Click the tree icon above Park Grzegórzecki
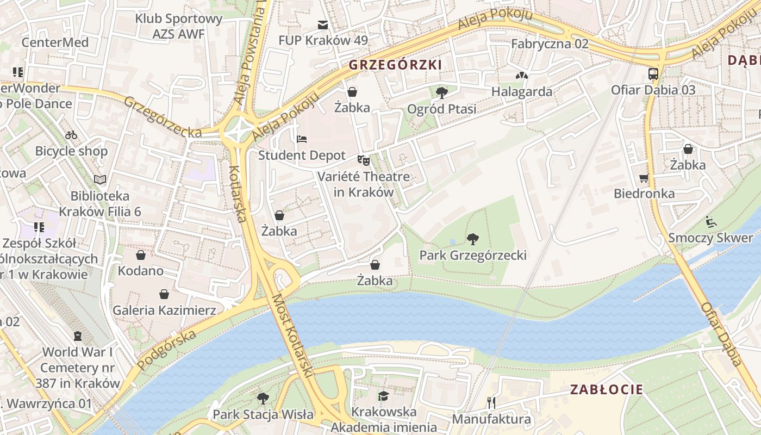[x=473, y=238]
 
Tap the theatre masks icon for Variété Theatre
[x=363, y=160]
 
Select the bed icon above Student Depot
[x=302, y=139]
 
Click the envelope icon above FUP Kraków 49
[x=323, y=24]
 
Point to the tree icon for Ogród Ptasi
[x=442, y=92]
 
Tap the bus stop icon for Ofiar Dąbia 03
[x=653, y=73]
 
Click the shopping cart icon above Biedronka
[x=644, y=177]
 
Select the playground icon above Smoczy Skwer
[x=710, y=221]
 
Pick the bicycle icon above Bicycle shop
[x=71, y=135]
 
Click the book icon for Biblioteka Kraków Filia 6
[x=100, y=179]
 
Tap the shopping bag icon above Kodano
[x=141, y=254]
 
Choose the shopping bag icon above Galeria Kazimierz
[x=164, y=294]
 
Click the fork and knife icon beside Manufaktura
[x=491, y=402]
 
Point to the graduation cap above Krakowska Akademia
[x=384, y=395]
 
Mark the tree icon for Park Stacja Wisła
[x=263, y=398]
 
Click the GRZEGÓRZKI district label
[x=395, y=65]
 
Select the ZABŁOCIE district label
[x=607, y=389]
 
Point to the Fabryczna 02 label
[x=550, y=43]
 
